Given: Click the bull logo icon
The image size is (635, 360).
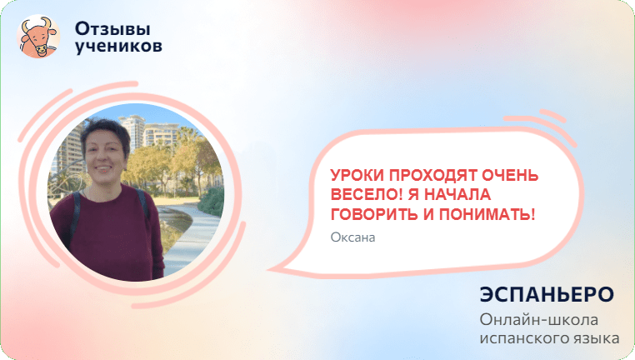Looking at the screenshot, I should (x=39, y=37).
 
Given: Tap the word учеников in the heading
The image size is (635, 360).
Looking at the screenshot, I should (x=118, y=47).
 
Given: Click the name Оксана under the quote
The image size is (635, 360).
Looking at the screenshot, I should (x=353, y=237).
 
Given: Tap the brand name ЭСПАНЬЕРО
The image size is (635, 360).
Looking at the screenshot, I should (x=547, y=295).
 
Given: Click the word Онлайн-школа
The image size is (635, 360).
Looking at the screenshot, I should (x=539, y=320).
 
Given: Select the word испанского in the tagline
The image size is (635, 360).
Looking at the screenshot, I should (x=522, y=338).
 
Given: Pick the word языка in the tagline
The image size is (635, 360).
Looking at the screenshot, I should (x=593, y=338).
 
